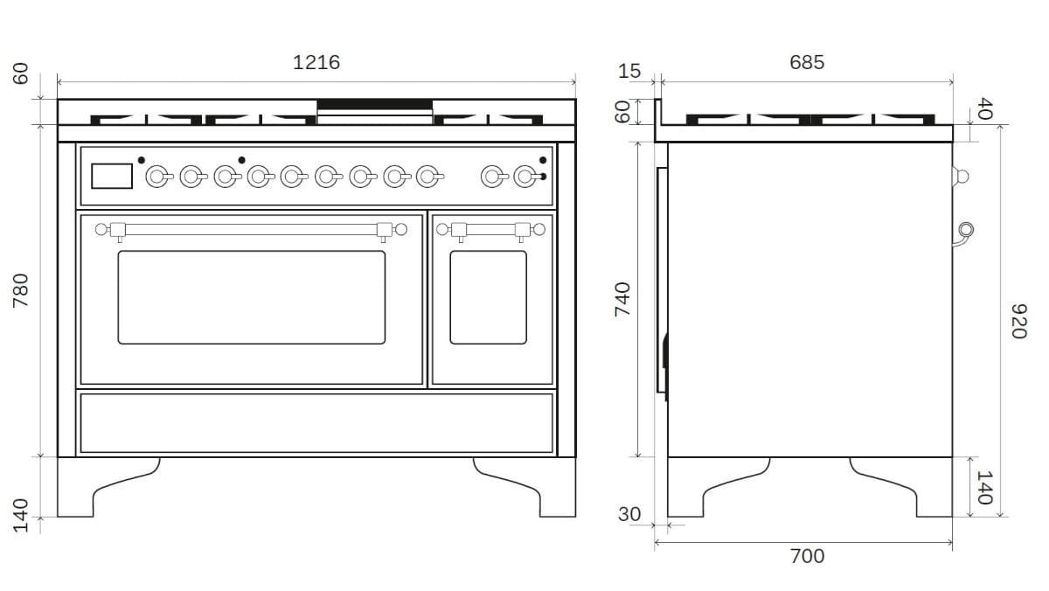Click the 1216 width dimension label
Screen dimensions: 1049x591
[316, 62]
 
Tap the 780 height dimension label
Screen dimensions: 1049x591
[21, 290]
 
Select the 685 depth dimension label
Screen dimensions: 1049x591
[806, 62]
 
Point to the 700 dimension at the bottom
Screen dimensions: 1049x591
[807, 556]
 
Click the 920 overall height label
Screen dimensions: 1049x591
[1019, 321]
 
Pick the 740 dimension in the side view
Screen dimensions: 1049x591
[622, 299]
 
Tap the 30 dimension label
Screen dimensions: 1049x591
[629, 514]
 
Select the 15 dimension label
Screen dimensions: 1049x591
[629, 71]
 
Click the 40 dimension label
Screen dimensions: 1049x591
[985, 108]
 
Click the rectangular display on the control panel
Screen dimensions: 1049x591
[112, 176]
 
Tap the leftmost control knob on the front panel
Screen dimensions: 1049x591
[159, 177]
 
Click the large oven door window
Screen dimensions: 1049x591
[252, 297]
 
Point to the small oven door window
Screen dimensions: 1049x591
[488, 297]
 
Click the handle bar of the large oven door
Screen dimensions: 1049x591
[251, 230]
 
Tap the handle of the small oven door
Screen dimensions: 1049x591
[490, 230]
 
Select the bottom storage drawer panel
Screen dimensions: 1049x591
[316, 423]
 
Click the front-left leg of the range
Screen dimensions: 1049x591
[108, 487]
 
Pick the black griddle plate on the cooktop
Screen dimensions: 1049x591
[375, 104]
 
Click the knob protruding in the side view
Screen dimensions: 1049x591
[961, 177]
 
